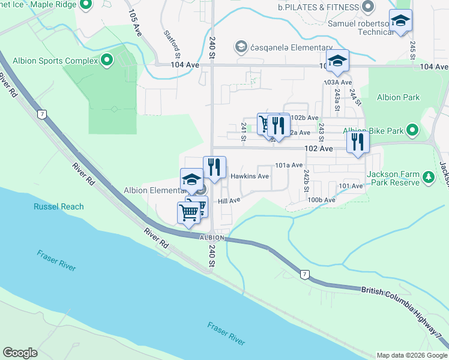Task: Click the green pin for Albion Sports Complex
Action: [107, 60]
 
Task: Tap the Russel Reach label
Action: [58, 206]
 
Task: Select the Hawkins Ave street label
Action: [250, 176]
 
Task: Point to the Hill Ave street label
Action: [229, 201]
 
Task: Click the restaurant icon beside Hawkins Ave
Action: [214, 167]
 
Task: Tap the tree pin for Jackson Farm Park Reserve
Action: [429, 177]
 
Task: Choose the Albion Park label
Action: [398, 97]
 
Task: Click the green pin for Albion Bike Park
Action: [412, 130]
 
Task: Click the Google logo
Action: [20, 352]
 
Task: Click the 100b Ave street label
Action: [321, 199]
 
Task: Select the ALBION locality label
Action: [212, 238]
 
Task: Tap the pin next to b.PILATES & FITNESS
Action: [369, 7]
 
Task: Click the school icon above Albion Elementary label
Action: [191, 179]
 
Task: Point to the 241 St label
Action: [244, 131]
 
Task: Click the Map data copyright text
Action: [411, 355]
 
